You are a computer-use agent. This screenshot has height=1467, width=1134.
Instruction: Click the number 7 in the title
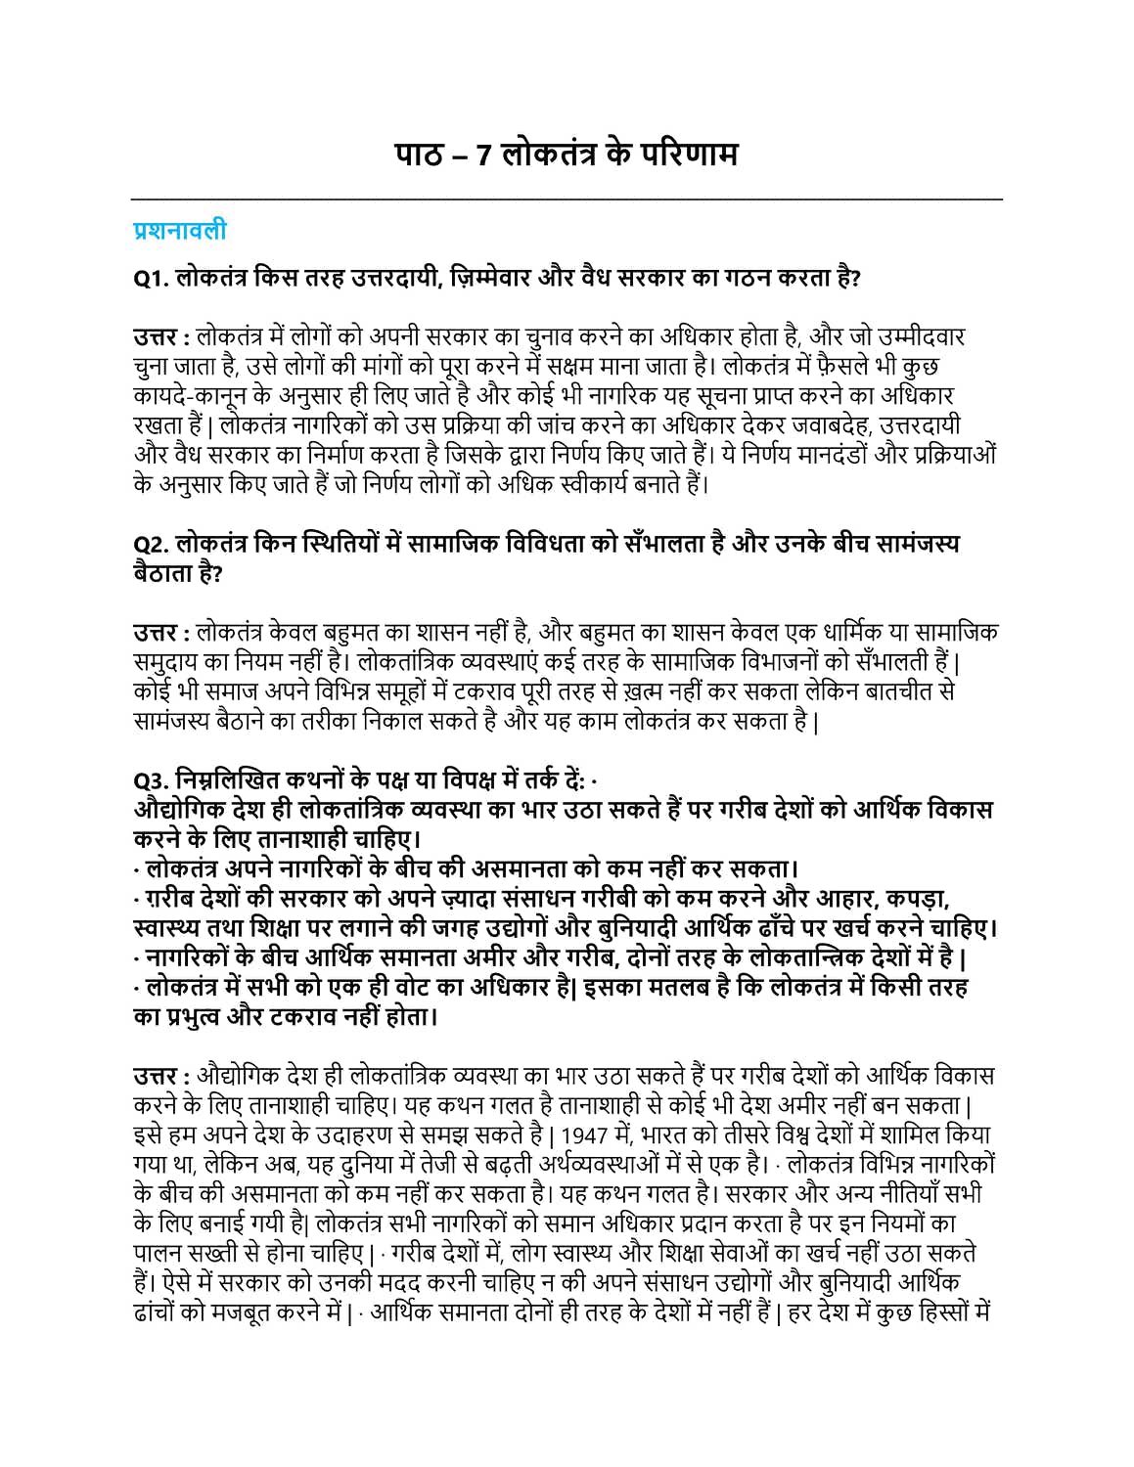[483, 156]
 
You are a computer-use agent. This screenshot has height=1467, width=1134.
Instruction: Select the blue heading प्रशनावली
[180, 231]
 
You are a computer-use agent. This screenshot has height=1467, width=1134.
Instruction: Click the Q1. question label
[152, 279]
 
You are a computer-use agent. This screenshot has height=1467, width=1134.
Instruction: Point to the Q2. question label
[152, 544]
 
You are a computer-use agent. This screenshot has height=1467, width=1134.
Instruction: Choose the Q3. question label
[152, 780]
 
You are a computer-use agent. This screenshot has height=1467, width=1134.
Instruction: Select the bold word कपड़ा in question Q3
[917, 899]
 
